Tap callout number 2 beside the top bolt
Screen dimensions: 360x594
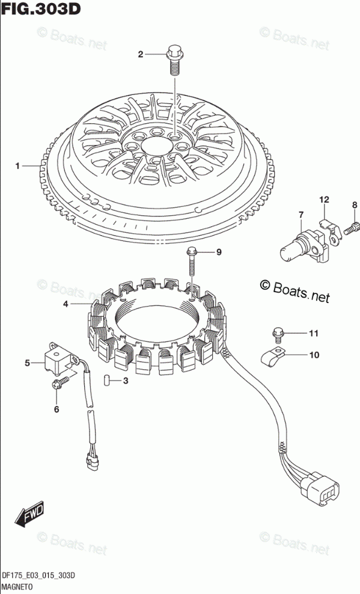[x=141, y=55]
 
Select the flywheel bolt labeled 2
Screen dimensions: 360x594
[x=174, y=60]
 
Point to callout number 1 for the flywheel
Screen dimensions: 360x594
[x=17, y=165]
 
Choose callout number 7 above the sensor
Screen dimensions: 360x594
[x=301, y=215]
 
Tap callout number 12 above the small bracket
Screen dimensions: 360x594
[x=324, y=200]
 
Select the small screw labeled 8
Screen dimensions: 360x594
[x=350, y=229]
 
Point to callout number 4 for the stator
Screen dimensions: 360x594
[x=66, y=304]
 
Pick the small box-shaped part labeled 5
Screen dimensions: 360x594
[x=60, y=358]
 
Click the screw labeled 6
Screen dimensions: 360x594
[x=61, y=382]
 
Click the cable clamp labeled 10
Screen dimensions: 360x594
[x=273, y=357]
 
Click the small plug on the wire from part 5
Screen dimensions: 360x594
[x=93, y=462]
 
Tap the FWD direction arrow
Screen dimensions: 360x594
[x=29, y=515]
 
